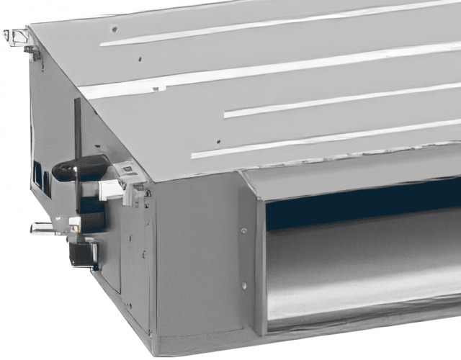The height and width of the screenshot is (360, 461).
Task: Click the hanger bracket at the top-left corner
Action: coord(22,40)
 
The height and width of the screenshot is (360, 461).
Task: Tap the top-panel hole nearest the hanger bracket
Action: coord(113,30)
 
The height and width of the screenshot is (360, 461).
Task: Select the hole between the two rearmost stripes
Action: coord(139,58)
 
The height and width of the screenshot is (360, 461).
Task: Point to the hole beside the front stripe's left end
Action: coord(217,142)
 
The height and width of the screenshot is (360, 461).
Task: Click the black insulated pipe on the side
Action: coord(79,171)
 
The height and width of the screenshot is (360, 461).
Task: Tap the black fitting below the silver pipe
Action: coord(83,253)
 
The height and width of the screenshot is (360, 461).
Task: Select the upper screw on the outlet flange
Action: coord(243,231)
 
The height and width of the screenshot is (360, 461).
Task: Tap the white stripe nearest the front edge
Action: coord(324,137)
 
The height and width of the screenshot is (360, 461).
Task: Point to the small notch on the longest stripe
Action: coord(158,89)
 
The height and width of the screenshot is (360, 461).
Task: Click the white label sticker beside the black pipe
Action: coord(128,171)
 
